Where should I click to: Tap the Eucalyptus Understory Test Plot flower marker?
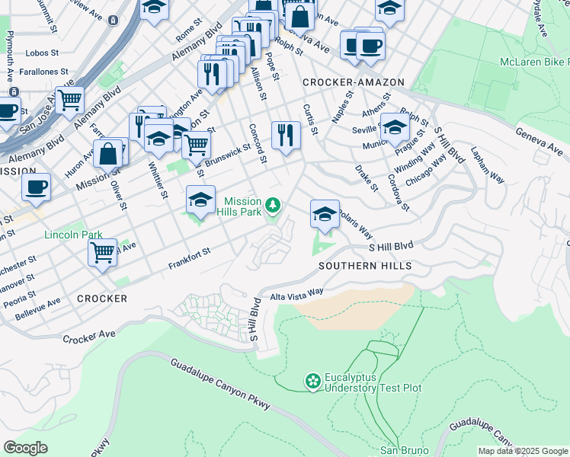coord(312,380)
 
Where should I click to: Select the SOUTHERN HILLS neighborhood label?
coord(365,266)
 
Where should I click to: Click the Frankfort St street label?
coord(189,258)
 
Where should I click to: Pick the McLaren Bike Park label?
coord(534,61)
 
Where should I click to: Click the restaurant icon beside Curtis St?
coord(286,136)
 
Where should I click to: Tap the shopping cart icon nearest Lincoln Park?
coord(102,252)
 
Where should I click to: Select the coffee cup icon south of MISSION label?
coord(36,187)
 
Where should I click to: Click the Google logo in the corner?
coord(25,448)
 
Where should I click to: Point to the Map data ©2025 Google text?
coord(523,451)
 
